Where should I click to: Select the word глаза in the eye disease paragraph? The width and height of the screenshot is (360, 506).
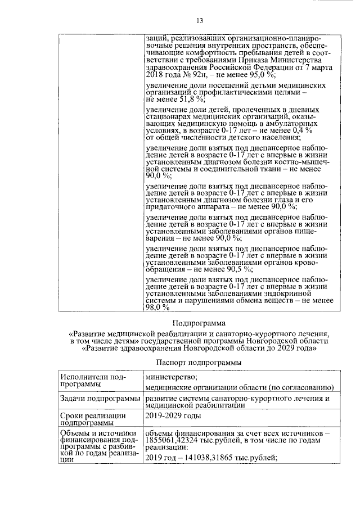tap(288, 200)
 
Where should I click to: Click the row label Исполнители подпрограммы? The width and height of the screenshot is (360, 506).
tap(89, 381)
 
